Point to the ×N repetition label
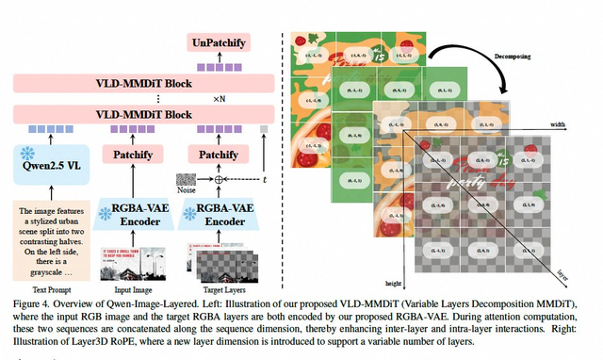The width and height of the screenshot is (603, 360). click(219, 98)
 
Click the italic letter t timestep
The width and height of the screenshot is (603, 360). click(265, 177)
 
